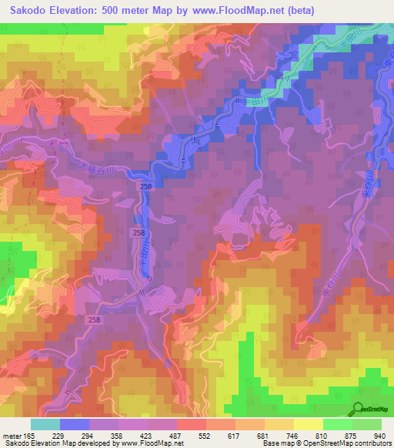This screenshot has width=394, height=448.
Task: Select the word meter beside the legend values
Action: [x=15, y=436]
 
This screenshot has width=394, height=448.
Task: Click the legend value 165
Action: [x=38, y=436]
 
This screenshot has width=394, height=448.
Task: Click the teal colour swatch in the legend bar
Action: [x=45, y=424]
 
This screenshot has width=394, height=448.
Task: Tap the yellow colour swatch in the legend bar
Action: [x=309, y=424]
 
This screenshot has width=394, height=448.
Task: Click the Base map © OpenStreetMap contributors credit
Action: [x=326, y=444]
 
